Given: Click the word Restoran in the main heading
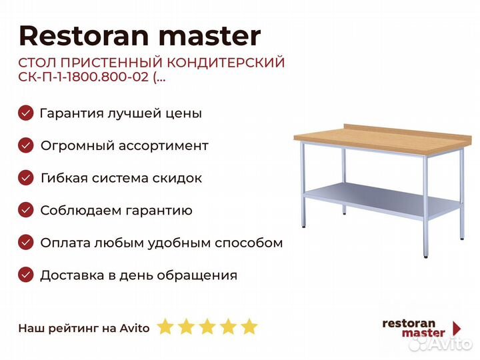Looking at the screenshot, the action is pos(83,36).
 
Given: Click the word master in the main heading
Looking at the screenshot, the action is pos(210,37).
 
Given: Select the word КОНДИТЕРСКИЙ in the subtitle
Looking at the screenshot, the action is pos(226,63).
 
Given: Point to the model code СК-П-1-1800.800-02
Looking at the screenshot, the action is pos(83,77).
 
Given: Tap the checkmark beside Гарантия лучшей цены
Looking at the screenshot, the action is pos(26,113).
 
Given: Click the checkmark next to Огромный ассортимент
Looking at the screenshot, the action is pos(26,145).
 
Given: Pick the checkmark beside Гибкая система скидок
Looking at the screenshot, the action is pos(26,178).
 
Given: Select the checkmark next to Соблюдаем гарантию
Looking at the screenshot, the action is pos(26,210).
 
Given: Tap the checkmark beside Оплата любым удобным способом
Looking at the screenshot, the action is pos(26,243).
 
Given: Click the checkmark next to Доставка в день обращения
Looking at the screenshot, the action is pos(26,275).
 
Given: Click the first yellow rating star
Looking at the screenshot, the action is pos(165,326).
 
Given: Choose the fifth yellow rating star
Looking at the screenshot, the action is pos(249,326).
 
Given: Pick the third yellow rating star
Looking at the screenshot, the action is pos(207,326).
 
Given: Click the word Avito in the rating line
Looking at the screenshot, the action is pos(135,328).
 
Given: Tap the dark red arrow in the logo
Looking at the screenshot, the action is pos(457,328).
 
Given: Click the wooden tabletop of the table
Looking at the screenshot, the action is pos(383,139).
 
